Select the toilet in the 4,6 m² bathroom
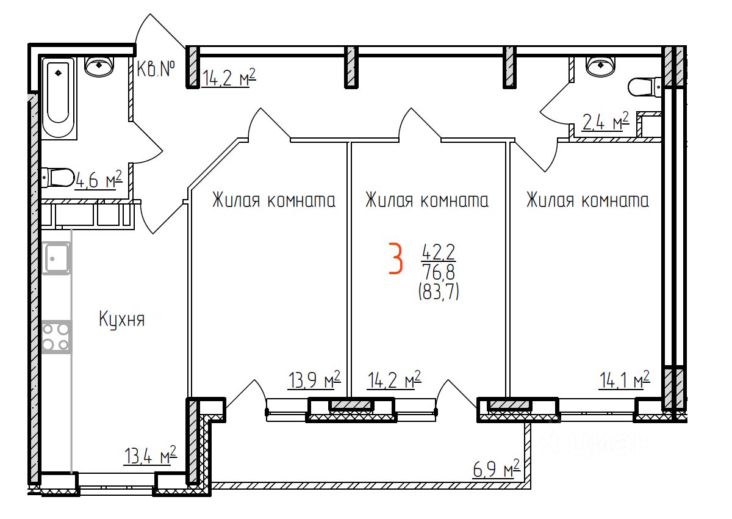click(58, 178)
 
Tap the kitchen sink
click(56, 258)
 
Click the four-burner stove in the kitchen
click(56, 337)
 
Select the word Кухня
click(122, 319)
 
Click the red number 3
click(396, 258)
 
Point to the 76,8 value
click(437, 271)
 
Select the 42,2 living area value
click(437, 251)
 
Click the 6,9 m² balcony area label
click(496, 470)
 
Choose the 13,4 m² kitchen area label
click(150, 455)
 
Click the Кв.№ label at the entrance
click(156, 70)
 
